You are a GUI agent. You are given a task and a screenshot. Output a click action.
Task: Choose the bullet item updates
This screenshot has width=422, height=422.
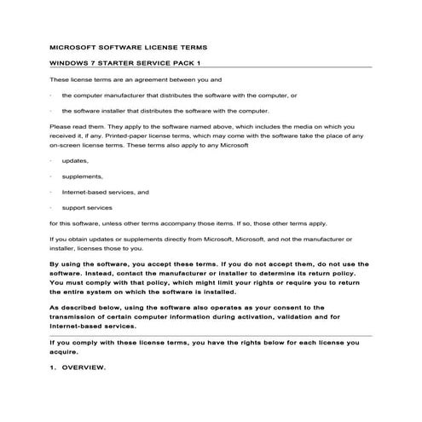point(76,161)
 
